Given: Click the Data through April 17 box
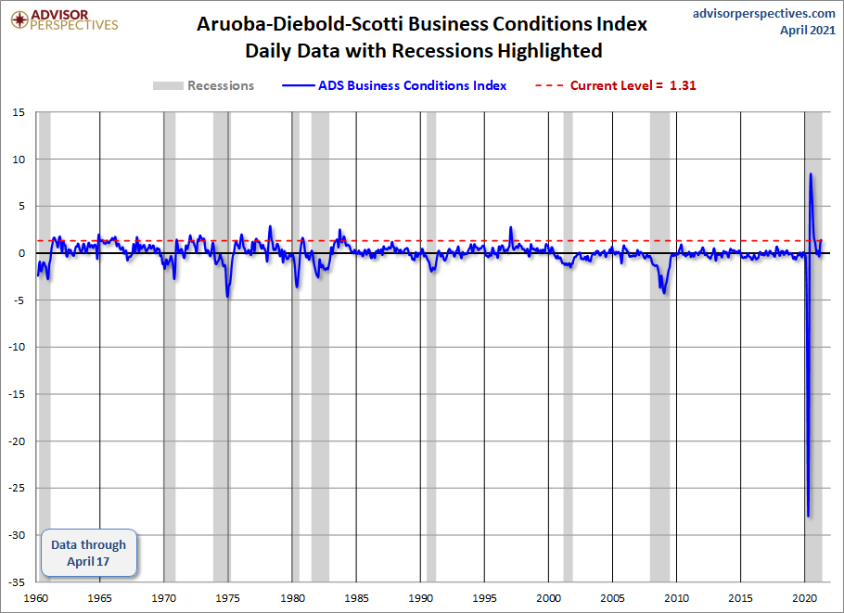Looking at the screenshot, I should click(89, 554).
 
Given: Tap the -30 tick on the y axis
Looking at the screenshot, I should click(18, 534).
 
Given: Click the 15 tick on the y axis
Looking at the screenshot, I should click(19, 112).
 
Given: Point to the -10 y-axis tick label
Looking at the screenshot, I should click(18, 347).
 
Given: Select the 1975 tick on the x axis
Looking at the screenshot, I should click(228, 597).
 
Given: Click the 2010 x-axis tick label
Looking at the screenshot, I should click(677, 597).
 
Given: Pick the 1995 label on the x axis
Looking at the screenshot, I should click(485, 597).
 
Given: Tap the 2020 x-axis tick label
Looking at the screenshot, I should click(805, 597).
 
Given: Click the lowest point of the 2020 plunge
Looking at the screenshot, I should click(808, 516).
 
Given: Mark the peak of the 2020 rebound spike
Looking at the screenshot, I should click(811, 173).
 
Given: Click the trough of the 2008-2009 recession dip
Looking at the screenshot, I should click(664, 293).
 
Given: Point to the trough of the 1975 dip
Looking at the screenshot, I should click(228, 297).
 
